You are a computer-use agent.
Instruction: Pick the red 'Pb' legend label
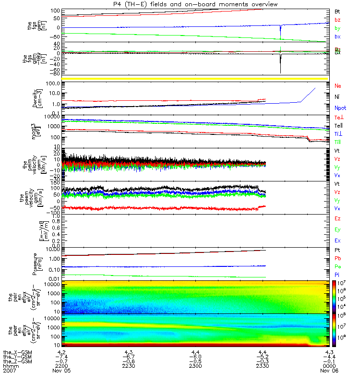coord(337,259)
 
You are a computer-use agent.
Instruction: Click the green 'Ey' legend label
coord(337,229)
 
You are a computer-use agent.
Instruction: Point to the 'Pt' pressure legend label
coord(337,250)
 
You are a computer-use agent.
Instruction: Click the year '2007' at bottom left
coord(9,371)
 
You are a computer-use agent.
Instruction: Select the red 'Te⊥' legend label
coord(338,118)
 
